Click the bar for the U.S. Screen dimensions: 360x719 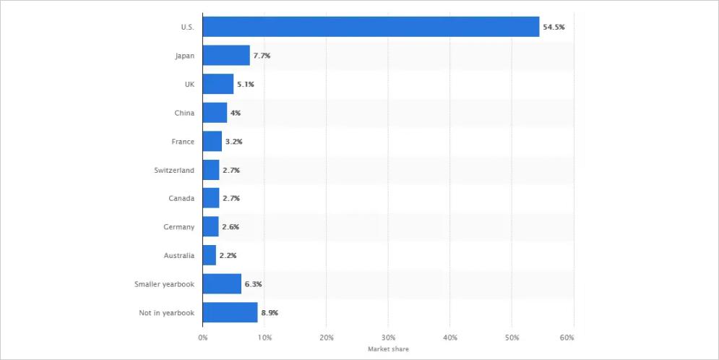pyautogui.click(x=371, y=27)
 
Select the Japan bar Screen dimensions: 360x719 pyautogui.click(x=226, y=56)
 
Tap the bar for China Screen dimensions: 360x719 pyautogui.click(x=215, y=113)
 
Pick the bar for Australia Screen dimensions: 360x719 pyautogui.click(x=210, y=255)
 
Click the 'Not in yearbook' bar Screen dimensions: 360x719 pyautogui.click(x=230, y=312)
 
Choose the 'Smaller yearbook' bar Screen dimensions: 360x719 pyautogui.click(x=222, y=284)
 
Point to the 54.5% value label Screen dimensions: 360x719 pyautogui.click(x=554, y=27)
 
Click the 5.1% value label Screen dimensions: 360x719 pyautogui.click(x=245, y=85)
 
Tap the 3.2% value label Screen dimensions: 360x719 pyautogui.click(x=233, y=142)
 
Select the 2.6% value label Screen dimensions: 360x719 pyautogui.click(x=231, y=227)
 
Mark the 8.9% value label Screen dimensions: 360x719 pyautogui.click(x=270, y=313)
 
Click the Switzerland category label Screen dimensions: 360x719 pyautogui.click(x=174, y=170)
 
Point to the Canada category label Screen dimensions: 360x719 pyautogui.click(x=181, y=198)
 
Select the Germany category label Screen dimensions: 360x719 pyautogui.click(x=178, y=227)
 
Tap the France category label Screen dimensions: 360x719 pyautogui.click(x=183, y=142)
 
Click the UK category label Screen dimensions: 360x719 pyautogui.click(x=189, y=85)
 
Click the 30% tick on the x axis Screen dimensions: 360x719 pyautogui.click(x=388, y=338)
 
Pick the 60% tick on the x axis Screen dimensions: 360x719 pyautogui.click(x=567, y=338)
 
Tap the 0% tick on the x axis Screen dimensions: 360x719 pyautogui.click(x=203, y=338)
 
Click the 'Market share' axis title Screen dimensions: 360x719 pyautogui.click(x=387, y=348)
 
